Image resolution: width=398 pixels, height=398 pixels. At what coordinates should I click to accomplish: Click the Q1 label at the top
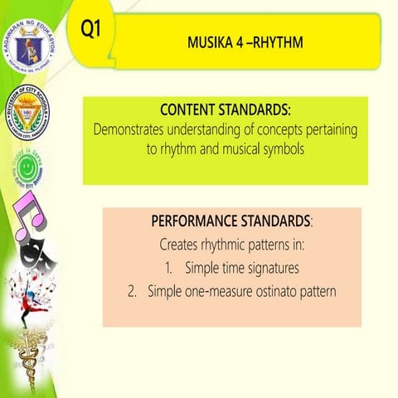[x=90, y=28]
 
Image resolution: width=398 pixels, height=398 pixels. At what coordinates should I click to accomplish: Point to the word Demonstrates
[x=133, y=130]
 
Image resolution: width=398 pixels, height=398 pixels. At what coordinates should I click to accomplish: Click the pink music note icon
[x=23, y=224]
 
